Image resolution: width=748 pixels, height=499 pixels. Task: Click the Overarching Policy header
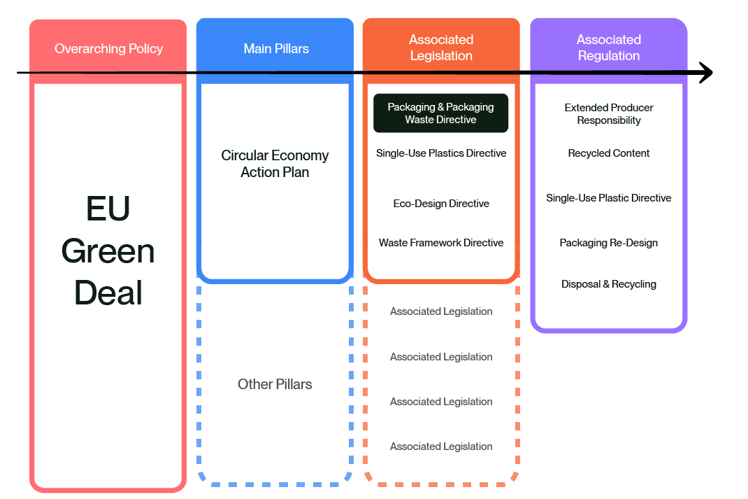pyautogui.click(x=108, y=49)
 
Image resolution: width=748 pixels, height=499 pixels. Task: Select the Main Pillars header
pyautogui.click(x=276, y=49)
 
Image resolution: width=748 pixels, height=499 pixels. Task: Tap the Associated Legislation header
pyautogui.click(x=441, y=48)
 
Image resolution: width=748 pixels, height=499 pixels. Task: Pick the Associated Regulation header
pyautogui.click(x=608, y=48)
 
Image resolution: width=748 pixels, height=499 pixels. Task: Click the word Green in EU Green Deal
pyautogui.click(x=108, y=251)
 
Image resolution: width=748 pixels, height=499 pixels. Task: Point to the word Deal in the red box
pyautogui.click(x=108, y=293)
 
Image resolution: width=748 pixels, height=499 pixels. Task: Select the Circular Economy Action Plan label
pyautogui.click(x=275, y=164)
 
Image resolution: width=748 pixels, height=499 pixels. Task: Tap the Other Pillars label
pyautogui.click(x=275, y=384)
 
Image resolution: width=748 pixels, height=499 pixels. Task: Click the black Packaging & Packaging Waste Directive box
pyautogui.click(x=440, y=113)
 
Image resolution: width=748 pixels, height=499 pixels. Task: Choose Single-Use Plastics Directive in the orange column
pyautogui.click(x=441, y=153)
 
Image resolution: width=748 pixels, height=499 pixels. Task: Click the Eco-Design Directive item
pyautogui.click(x=441, y=204)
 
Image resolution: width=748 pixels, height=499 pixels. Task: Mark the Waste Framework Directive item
pyautogui.click(x=441, y=243)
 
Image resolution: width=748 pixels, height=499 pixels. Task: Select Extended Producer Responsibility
pyautogui.click(x=608, y=114)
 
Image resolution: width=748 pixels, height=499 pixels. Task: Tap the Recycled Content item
pyautogui.click(x=608, y=153)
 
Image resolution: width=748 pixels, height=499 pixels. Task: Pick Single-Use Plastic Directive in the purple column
pyautogui.click(x=608, y=198)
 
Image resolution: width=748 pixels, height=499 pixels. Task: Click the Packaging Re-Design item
pyautogui.click(x=608, y=243)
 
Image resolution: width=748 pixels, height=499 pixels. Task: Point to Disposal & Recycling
pyautogui.click(x=608, y=284)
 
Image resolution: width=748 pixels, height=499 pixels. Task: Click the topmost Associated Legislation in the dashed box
pyautogui.click(x=441, y=311)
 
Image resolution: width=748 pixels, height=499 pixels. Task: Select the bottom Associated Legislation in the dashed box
pyautogui.click(x=441, y=447)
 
